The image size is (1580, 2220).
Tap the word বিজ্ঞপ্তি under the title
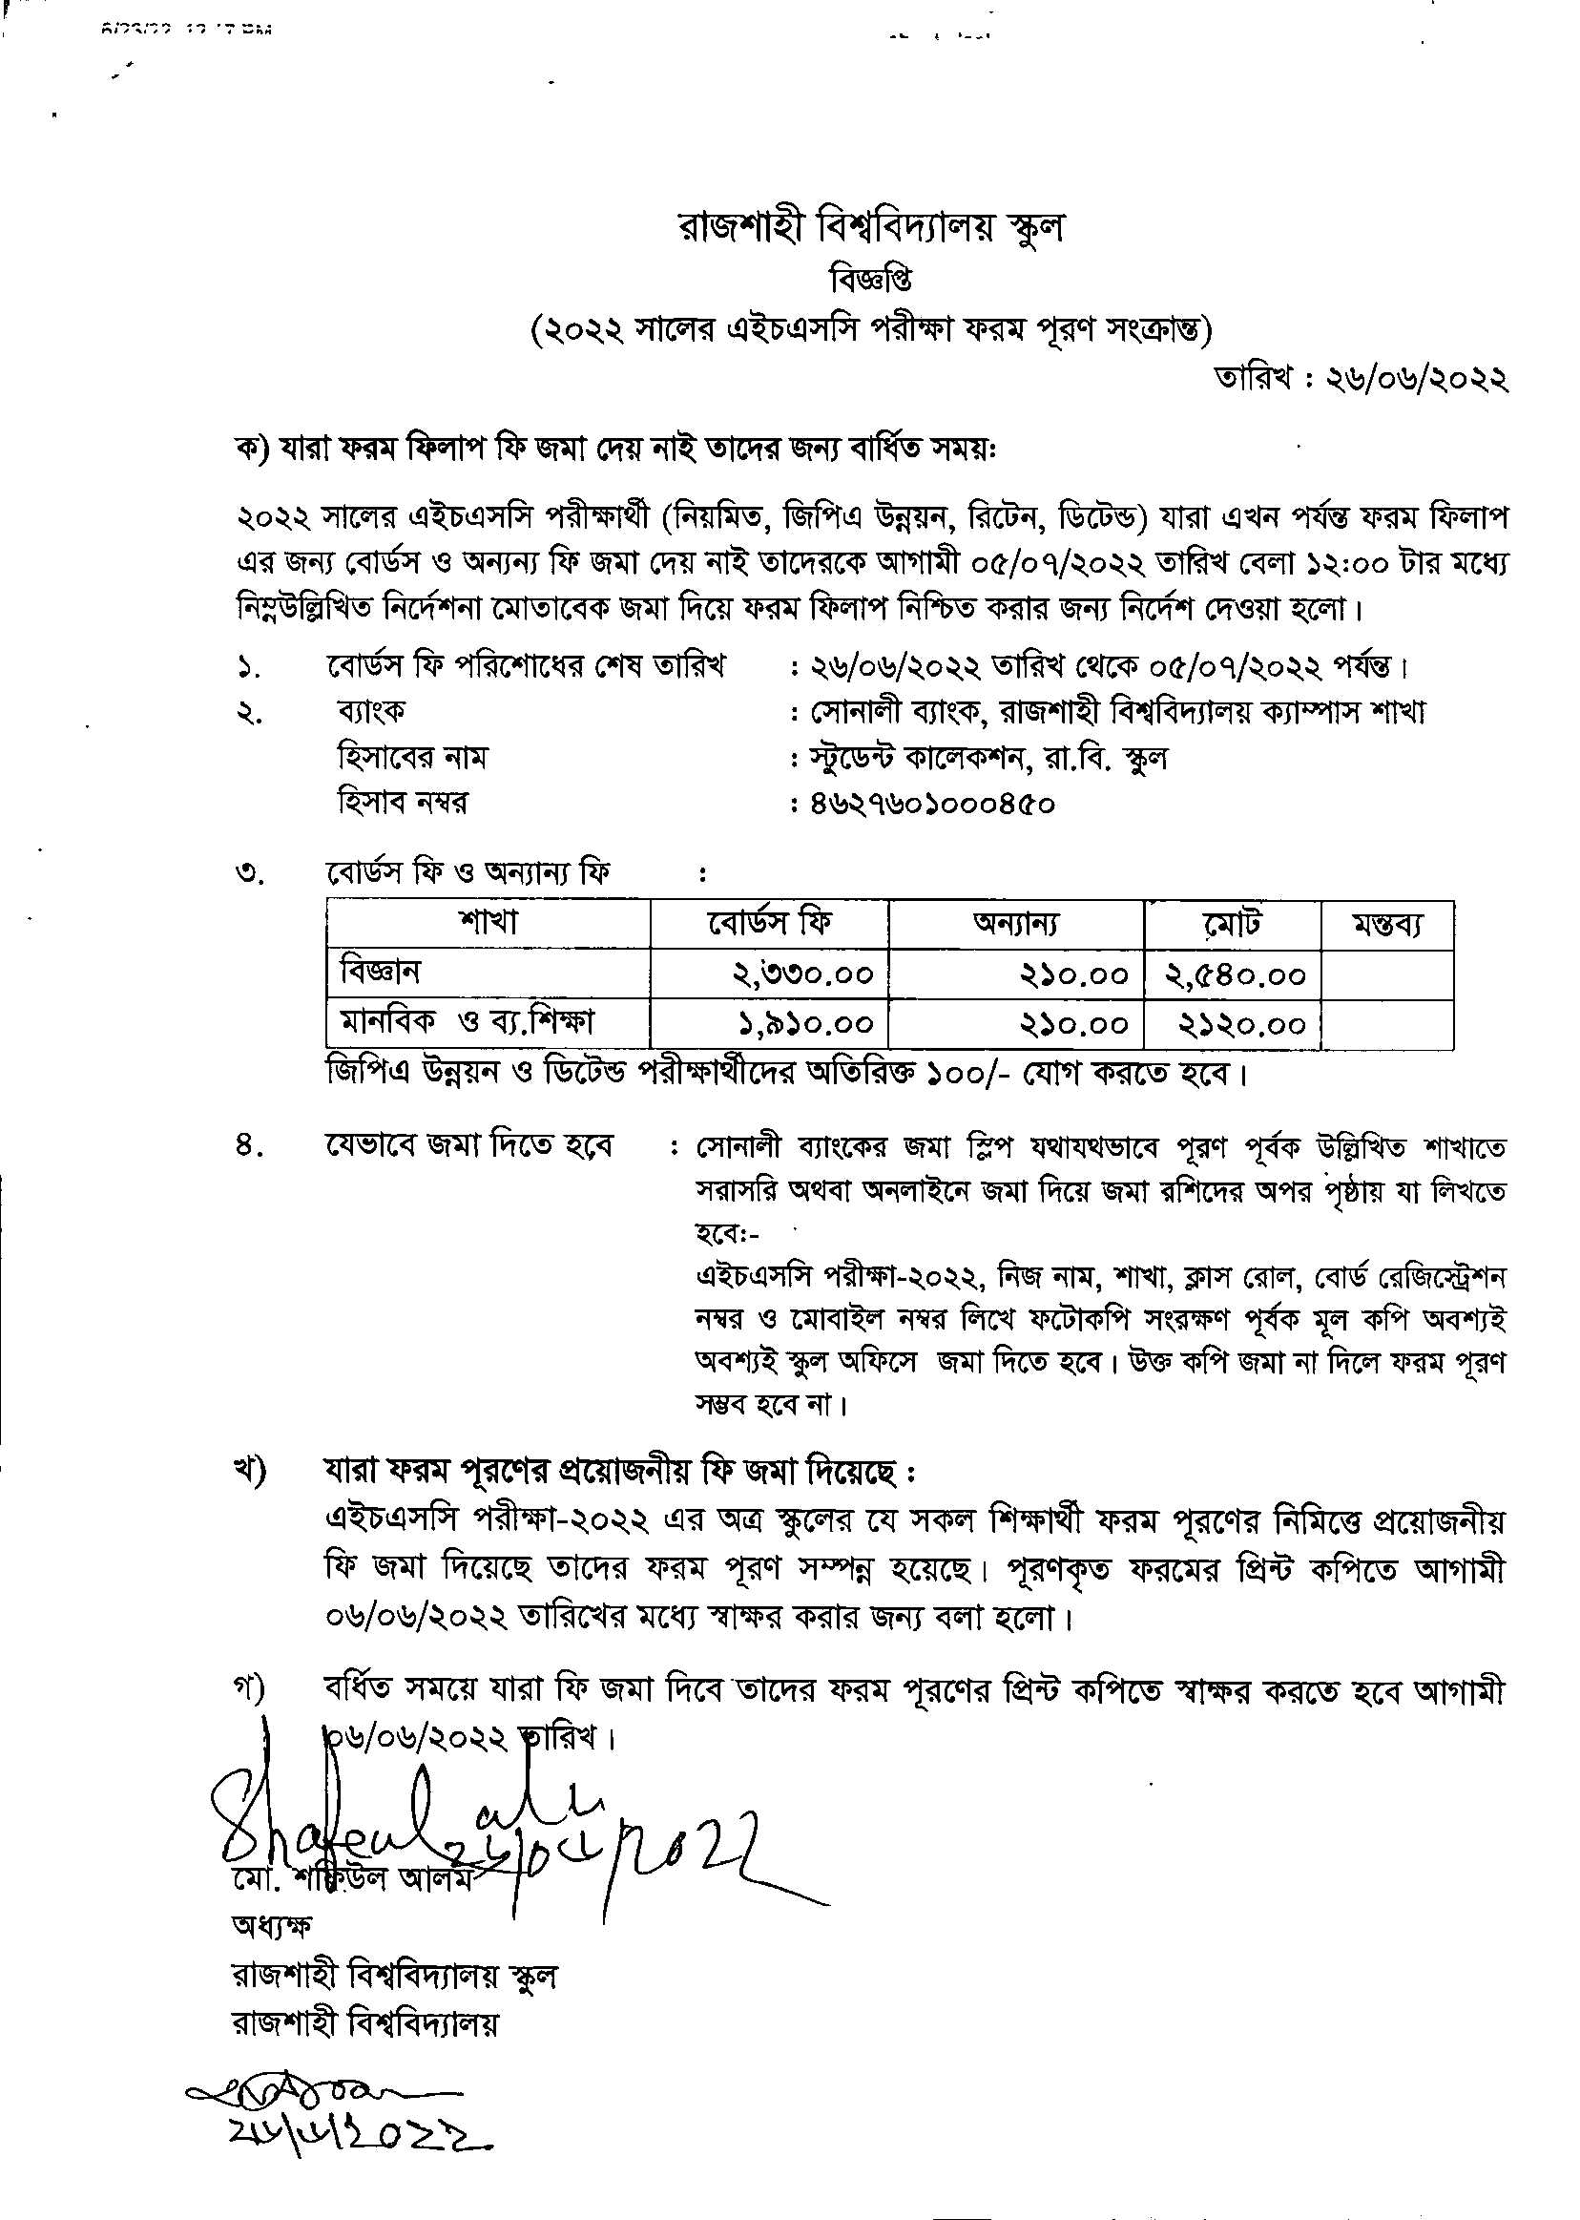click(871, 283)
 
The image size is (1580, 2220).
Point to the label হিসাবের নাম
click(411, 757)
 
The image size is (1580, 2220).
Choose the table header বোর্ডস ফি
click(769, 923)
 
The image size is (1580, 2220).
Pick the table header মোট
click(1232, 923)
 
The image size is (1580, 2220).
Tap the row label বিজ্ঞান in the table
click(381, 971)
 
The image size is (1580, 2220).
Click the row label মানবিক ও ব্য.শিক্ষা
click(467, 1022)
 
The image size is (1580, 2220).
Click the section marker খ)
click(249, 1472)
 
